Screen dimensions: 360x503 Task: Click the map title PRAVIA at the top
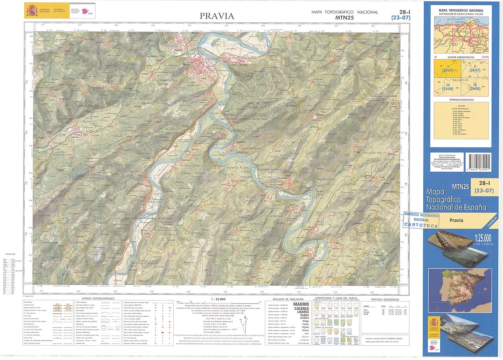217,16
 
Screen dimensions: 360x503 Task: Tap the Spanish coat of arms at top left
32,10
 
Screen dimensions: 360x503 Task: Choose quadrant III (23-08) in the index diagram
447,87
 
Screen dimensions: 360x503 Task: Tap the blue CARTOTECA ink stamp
422,220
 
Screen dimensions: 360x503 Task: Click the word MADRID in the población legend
301,304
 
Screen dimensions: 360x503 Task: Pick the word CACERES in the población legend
301,308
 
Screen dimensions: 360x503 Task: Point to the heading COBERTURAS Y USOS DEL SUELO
334,298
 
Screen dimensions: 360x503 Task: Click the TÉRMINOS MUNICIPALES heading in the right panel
461,100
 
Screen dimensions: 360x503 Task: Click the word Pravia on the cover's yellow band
456,220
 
